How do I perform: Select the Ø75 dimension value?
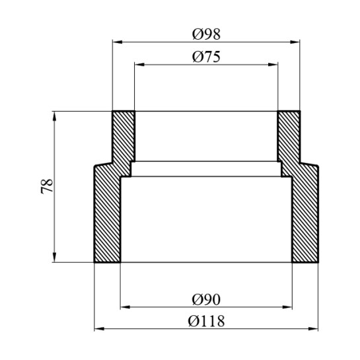click(205, 57)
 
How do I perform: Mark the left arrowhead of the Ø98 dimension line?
click(117, 42)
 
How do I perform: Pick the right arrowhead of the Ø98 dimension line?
click(297, 42)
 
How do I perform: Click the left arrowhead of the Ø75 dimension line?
click(138, 65)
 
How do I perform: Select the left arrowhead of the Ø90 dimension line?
click(124, 307)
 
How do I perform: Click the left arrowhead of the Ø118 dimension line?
click(98, 328)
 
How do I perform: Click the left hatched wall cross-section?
click(108, 211)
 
